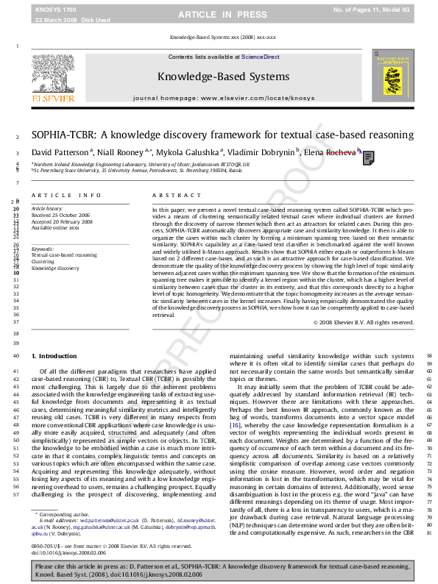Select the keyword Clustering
coord(43,261)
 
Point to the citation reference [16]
coord(235,426)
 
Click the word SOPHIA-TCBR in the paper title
coord(62,135)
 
